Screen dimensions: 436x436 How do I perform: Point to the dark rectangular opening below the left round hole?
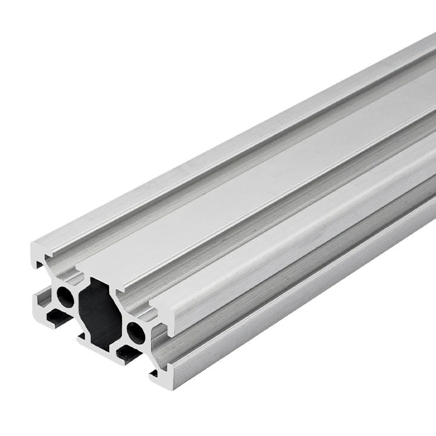coord(58,317)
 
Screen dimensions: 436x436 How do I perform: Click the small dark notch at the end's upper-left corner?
coord(40,265)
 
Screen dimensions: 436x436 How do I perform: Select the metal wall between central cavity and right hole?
coord(125,326)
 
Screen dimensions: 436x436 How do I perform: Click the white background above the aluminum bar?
coord(145,87)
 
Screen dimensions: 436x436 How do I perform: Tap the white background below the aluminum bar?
coord(320,378)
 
